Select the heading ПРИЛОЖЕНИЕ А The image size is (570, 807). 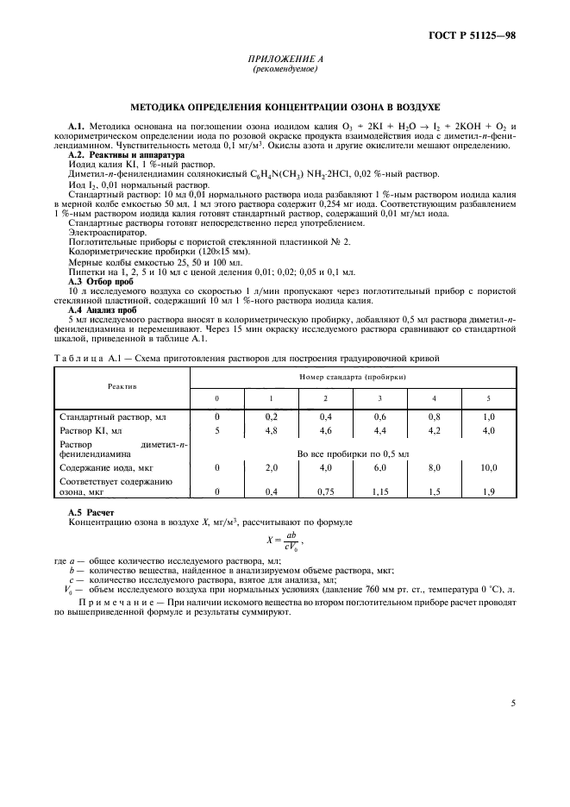pos(284,59)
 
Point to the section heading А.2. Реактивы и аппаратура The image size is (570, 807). pos(114,155)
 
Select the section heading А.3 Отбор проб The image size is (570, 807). pos(100,282)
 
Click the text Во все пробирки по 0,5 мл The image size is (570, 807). pos(353,452)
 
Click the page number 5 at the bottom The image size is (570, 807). pos(513,703)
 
